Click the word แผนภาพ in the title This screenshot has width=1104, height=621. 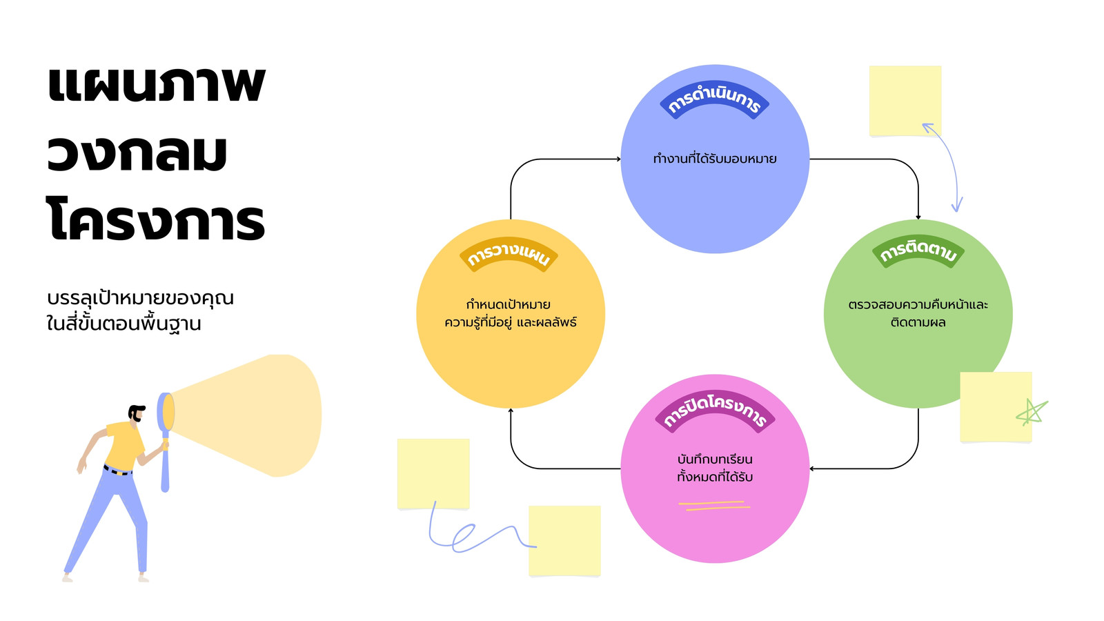click(156, 83)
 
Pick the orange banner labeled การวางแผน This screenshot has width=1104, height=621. click(509, 255)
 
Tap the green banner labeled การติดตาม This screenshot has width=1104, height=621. click(918, 251)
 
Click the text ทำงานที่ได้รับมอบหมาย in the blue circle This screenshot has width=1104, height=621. click(715, 159)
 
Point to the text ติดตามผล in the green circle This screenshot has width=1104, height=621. click(918, 322)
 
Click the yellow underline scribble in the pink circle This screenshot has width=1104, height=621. click(714, 505)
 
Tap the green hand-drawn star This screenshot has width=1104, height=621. click(1032, 413)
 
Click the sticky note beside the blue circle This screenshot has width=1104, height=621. click(905, 101)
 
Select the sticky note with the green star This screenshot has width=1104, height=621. click(996, 406)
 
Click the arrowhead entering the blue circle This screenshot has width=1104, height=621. click(618, 159)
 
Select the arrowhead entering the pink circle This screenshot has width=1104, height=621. click(812, 469)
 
